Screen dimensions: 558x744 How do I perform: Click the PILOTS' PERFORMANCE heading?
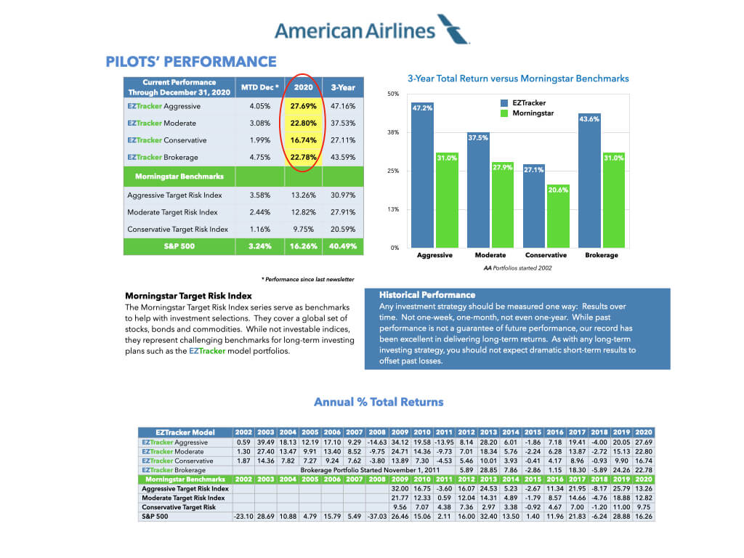[191, 62]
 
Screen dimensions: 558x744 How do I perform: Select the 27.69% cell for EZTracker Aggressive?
[303, 106]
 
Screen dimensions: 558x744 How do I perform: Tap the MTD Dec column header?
[259, 87]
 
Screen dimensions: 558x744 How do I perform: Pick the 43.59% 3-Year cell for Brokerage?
[342, 157]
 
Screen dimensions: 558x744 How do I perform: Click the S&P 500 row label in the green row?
[179, 246]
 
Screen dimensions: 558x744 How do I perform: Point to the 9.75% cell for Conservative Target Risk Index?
[303, 229]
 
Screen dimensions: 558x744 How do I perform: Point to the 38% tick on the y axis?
[392, 133]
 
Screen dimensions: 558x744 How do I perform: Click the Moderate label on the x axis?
[490, 256]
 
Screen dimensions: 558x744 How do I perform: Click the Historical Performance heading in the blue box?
[427, 295]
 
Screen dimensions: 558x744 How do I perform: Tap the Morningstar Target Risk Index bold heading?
[188, 296]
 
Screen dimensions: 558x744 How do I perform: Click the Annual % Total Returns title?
[378, 402]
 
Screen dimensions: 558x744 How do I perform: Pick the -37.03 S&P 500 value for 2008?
[378, 516]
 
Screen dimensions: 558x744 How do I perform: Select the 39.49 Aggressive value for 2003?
[264, 442]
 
